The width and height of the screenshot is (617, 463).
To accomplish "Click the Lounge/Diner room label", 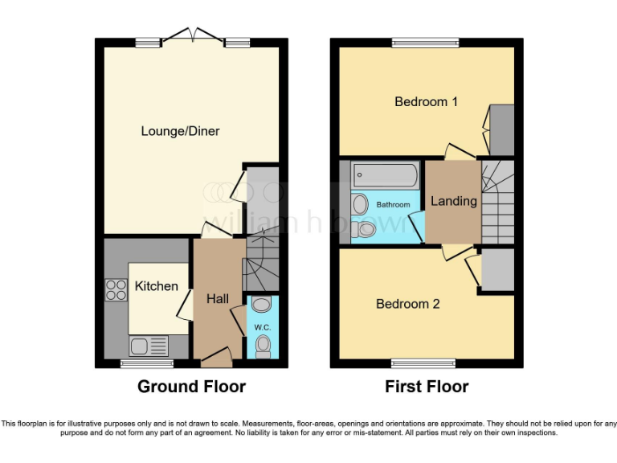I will click(x=180, y=131).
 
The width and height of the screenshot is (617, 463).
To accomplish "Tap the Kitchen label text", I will click(x=156, y=286).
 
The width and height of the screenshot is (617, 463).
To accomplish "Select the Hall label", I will click(x=218, y=298).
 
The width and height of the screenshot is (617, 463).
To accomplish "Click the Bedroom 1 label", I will click(x=426, y=102).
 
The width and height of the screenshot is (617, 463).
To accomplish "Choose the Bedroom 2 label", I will click(x=408, y=304).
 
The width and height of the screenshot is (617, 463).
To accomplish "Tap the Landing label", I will click(x=453, y=201).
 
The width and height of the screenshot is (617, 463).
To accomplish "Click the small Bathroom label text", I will click(x=394, y=205).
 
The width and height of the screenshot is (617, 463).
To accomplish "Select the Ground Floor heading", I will click(x=191, y=387).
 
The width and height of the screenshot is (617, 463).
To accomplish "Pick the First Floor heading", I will click(x=427, y=387).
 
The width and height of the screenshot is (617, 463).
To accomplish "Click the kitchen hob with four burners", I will click(x=116, y=289).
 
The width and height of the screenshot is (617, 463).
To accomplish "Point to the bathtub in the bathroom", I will click(x=385, y=174).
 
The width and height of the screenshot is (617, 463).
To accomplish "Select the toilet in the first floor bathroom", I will click(x=365, y=230).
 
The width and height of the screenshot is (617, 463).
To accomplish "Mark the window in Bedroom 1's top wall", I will click(x=425, y=43).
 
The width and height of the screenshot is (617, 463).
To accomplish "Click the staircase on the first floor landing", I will click(x=496, y=201).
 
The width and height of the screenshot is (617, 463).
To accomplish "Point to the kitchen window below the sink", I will click(x=136, y=363).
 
